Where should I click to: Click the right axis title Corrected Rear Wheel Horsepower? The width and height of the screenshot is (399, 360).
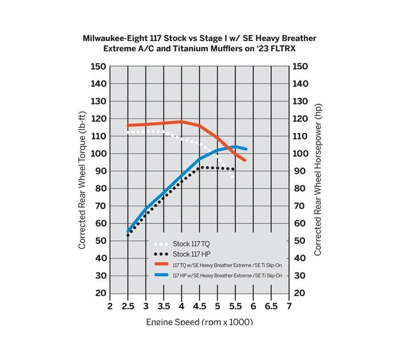318,179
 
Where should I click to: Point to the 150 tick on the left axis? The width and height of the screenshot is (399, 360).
99,67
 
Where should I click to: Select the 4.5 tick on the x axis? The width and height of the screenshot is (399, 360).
199,306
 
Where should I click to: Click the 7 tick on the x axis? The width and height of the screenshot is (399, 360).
289,306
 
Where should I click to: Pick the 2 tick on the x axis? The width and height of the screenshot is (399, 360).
110,306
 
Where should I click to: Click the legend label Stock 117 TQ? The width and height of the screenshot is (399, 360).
191,244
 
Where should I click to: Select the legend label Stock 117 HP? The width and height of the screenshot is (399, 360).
191,254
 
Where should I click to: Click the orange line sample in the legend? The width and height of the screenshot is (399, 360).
161,264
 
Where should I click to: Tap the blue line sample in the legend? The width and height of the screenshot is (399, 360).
161,275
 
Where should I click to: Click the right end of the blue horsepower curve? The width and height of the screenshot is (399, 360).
246,149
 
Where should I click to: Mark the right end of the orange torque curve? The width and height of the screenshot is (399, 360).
245,161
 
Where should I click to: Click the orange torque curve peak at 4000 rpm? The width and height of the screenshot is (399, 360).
181,121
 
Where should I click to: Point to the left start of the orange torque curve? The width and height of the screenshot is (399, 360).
128,125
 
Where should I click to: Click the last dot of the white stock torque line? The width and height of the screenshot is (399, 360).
233,177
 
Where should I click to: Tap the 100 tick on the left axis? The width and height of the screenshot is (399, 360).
99,154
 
